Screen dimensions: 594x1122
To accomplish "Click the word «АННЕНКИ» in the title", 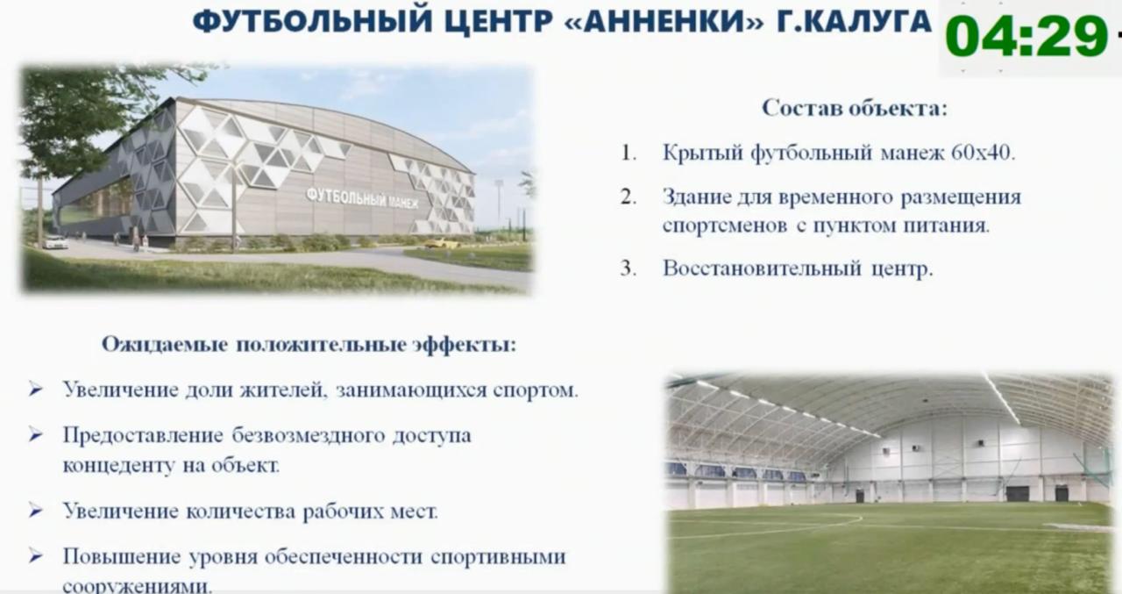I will click(x=660, y=21).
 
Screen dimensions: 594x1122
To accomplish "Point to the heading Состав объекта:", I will click(x=855, y=109).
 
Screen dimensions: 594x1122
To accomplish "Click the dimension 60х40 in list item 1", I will click(x=982, y=153).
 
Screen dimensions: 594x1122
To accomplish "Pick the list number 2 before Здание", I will click(x=628, y=197).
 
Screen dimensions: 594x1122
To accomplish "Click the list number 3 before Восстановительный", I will click(x=628, y=268).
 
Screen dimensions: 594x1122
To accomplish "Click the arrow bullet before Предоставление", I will click(x=35, y=434).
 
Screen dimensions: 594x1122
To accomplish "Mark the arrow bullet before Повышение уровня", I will click(x=35, y=556).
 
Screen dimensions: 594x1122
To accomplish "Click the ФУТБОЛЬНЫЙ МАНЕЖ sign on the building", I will click(x=362, y=197).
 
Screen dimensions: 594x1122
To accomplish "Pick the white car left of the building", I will click(x=55, y=242).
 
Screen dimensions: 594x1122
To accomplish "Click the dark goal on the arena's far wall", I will click(x=1017, y=493).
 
